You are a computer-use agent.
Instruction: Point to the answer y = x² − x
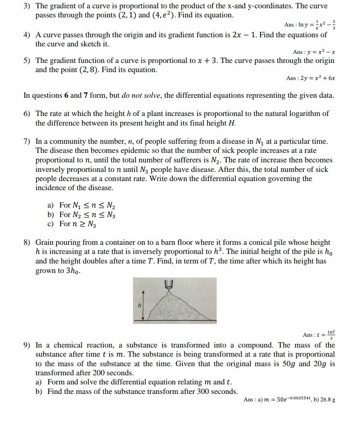(x=314, y=52)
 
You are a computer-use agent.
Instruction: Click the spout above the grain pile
(x=169, y=284)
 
